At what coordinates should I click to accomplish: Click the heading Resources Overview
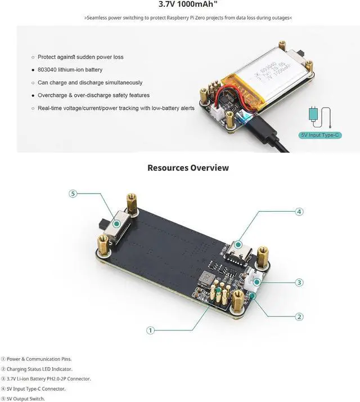tap(188, 168)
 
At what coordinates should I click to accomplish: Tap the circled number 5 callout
tap(73, 194)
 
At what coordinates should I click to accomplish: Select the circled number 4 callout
tap(299, 212)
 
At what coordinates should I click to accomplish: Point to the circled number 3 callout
tap(299, 282)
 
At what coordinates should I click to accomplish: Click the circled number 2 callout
tap(299, 317)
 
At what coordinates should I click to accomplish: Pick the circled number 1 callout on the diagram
tap(150, 330)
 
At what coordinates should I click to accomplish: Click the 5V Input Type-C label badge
tap(321, 135)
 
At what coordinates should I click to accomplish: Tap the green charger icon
tap(314, 114)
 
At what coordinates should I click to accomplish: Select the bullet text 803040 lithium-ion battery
tap(70, 70)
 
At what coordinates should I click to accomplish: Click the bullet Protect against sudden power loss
tap(80, 57)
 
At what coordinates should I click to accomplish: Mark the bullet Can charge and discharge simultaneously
tap(90, 83)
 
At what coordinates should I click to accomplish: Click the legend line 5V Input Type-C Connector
tap(36, 388)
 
